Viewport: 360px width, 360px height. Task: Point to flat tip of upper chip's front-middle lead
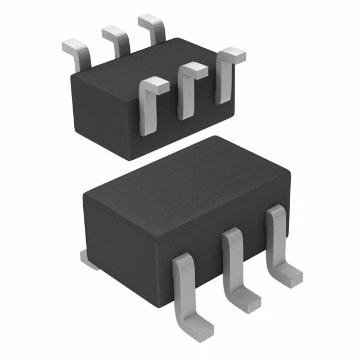click(x=192, y=70)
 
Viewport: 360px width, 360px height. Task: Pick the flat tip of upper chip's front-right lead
click(x=232, y=55)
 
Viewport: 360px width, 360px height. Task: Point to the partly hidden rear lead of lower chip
click(x=88, y=258)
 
